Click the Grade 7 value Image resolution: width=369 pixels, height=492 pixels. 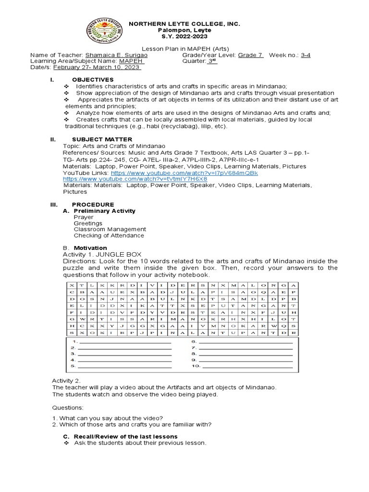pos(250,55)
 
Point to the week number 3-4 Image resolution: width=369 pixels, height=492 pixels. pos(306,55)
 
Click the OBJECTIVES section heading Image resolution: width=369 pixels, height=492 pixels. pos(93,80)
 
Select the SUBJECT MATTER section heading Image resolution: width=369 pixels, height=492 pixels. pos(98,139)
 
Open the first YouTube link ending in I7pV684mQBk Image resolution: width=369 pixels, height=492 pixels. pos(184,172)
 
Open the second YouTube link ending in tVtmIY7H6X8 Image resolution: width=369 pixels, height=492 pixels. pos(132,179)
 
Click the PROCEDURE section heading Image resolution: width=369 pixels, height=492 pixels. pos(93,204)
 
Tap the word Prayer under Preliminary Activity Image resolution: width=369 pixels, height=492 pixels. pos(84,217)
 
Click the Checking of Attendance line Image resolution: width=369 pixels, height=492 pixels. pos(109,235)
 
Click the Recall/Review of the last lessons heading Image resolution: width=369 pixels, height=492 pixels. pos(125,436)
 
